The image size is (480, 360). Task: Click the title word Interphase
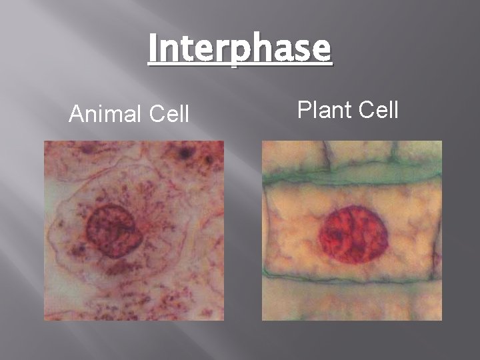[x=239, y=49]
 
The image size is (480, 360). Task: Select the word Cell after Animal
[x=168, y=115]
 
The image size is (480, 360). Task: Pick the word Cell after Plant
[x=378, y=109]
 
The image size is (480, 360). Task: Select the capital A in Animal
[x=77, y=115]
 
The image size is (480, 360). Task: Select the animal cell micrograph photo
[x=134, y=230]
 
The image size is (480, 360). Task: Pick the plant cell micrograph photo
[x=351, y=230]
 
